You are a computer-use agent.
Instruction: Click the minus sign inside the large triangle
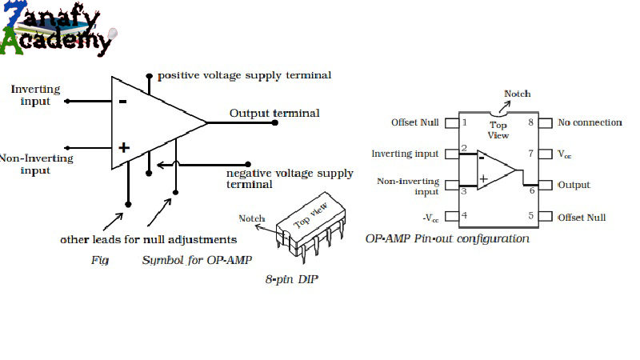(x=122, y=101)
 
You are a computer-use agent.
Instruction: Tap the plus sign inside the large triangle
(x=123, y=148)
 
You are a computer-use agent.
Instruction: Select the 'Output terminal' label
(x=274, y=113)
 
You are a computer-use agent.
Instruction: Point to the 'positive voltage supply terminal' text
(x=244, y=75)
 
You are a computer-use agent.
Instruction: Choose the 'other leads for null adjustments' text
(x=148, y=239)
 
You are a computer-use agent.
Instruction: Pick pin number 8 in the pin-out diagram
(x=530, y=123)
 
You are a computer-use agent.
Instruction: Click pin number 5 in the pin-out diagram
(x=530, y=216)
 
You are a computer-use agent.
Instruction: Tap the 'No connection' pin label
(x=590, y=122)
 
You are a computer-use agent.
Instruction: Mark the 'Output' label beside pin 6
(x=574, y=185)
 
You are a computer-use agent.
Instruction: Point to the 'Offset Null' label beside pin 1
(x=414, y=122)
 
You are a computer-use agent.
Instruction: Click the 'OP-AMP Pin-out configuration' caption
(x=446, y=238)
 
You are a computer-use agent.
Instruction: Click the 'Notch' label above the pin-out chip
(x=517, y=94)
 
